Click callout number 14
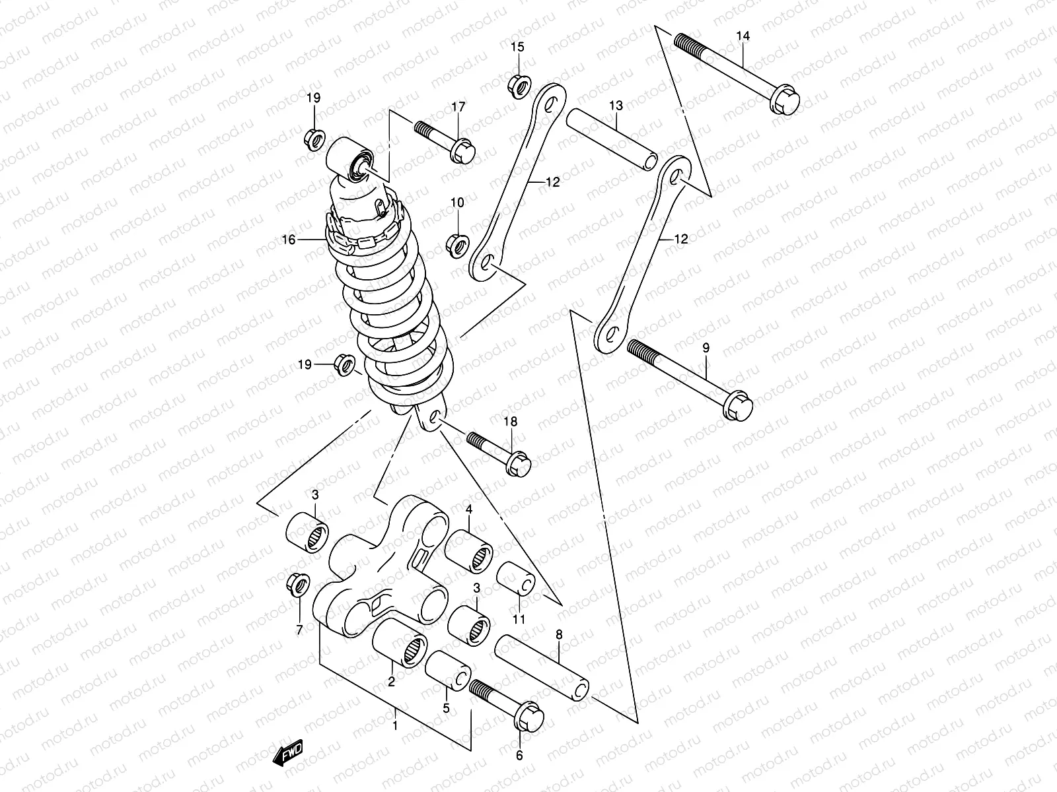click(743, 37)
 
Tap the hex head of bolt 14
click(785, 101)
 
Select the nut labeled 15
click(517, 86)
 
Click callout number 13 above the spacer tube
click(616, 106)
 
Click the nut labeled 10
click(457, 245)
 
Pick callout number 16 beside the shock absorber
click(288, 240)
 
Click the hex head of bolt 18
click(518, 463)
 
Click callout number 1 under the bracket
click(395, 725)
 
